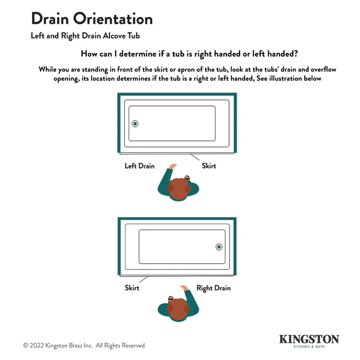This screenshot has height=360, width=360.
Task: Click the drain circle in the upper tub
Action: [x=135, y=124]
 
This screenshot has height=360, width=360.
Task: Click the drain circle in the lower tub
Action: [x=219, y=247]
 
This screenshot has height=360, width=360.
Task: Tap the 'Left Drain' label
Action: [x=140, y=166]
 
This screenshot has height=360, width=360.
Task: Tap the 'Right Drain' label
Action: [x=214, y=288]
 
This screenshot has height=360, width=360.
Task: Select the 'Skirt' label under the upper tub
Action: [x=209, y=166]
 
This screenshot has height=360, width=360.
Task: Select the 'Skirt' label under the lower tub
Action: [x=132, y=288]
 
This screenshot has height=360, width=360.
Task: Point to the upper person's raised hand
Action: [x=172, y=166]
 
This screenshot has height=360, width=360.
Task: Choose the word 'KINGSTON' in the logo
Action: [x=309, y=339]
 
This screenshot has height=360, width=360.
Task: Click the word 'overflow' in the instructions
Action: [x=324, y=69]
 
